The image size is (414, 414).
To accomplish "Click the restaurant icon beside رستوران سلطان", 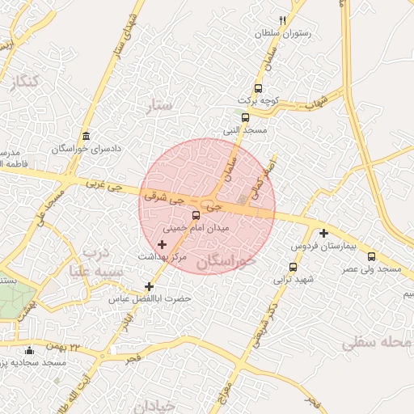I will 282,20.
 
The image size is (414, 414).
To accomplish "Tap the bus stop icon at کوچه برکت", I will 258,88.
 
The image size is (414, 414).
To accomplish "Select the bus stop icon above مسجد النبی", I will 245,116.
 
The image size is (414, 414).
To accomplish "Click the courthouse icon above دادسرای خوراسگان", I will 87,135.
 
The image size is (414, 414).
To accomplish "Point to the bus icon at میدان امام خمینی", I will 196,215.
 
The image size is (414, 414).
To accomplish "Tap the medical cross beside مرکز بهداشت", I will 163,243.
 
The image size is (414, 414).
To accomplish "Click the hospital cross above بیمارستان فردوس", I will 323,233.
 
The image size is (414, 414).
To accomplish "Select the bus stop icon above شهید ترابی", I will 293,267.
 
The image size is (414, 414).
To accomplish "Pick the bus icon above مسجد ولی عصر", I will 371,256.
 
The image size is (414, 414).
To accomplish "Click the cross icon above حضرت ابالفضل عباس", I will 149,286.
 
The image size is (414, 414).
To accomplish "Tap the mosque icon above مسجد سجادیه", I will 31,350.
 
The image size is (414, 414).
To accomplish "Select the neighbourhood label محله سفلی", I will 376,344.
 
